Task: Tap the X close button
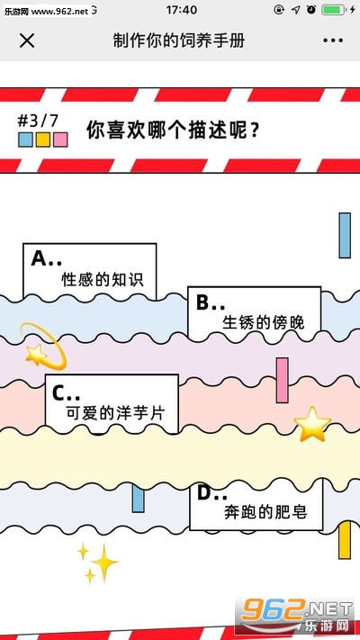point(27,41)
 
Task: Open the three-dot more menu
point(333,41)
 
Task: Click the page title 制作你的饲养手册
point(179,41)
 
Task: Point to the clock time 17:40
point(181,10)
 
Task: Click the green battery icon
point(334,10)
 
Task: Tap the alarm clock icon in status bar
point(311,10)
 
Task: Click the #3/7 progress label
point(38,122)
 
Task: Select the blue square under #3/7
point(25,140)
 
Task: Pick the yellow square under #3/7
point(43,140)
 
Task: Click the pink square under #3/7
point(60,140)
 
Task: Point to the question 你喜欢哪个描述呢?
point(173,131)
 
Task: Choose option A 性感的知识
point(90,270)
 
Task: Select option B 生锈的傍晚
point(255,312)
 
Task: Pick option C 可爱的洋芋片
point(112,403)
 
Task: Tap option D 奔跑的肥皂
point(256,505)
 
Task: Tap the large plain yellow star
point(312,425)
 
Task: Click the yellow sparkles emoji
point(98,563)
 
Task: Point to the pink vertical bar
point(282,381)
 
